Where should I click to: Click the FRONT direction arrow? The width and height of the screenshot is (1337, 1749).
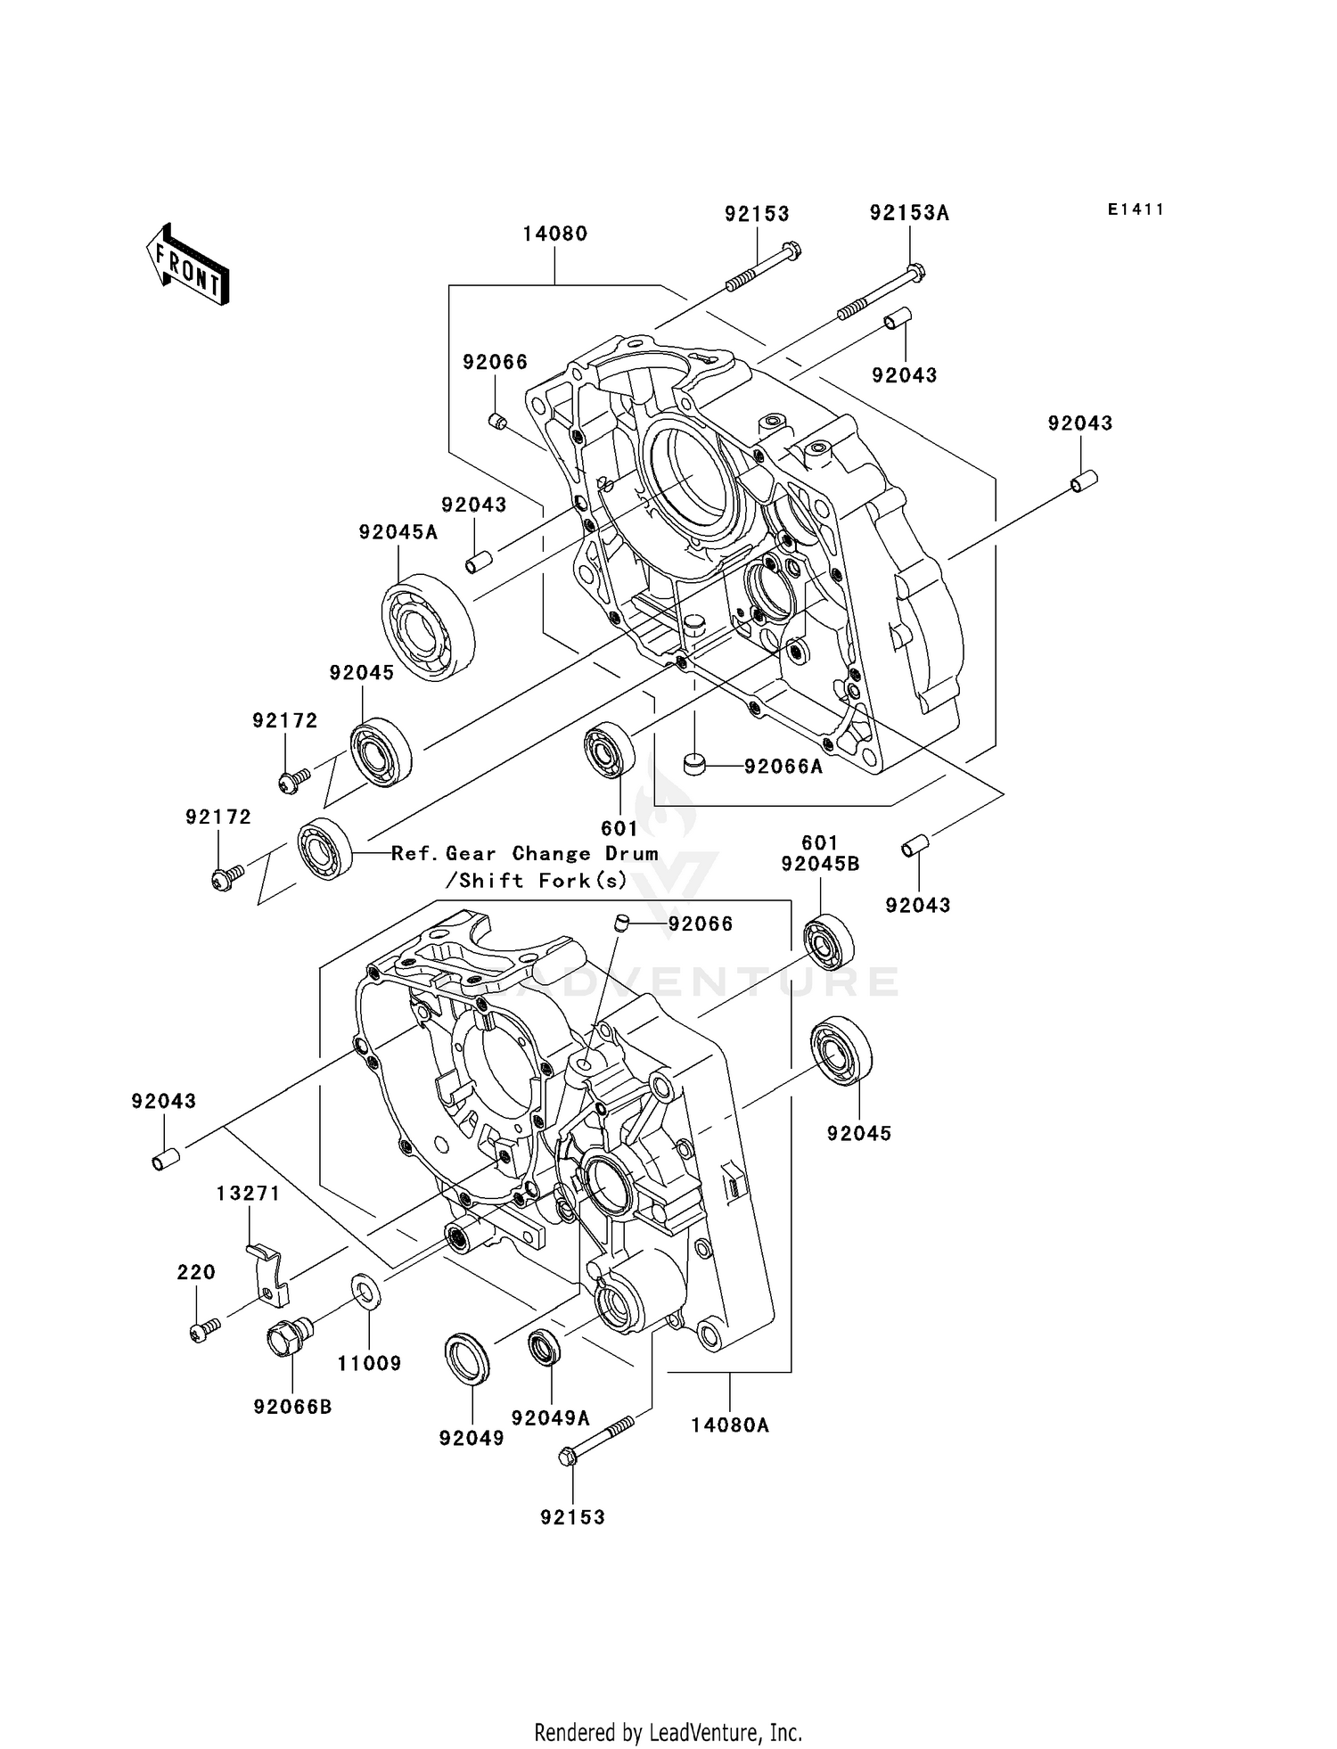tap(188, 266)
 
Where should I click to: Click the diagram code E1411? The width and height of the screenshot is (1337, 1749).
tap(1136, 209)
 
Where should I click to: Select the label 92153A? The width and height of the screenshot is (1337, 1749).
tap(909, 213)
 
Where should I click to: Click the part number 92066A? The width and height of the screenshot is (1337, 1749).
tap(783, 767)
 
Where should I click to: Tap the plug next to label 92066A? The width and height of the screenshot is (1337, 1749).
tap(694, 765)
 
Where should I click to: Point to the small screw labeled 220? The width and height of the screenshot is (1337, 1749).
tap(202, 1332)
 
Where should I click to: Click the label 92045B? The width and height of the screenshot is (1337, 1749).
tap(820, 864)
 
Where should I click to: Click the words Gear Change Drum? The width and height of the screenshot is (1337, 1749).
tap(552, 854)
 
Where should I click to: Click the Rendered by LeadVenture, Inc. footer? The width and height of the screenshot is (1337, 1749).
tap(668, 1733)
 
